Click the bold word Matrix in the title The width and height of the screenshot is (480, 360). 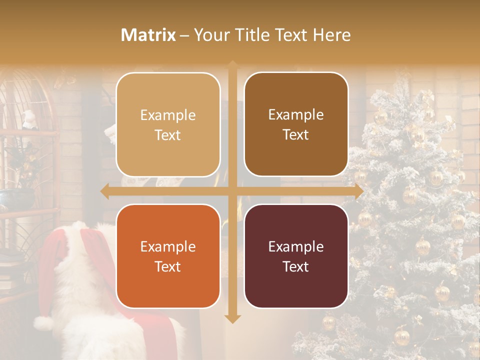coord(148,35)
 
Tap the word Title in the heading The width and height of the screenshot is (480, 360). coord(249,35)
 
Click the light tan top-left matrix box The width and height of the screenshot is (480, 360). coord(168,124)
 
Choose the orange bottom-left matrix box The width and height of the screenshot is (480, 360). coord(168,256)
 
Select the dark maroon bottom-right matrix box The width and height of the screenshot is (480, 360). coord(296,256)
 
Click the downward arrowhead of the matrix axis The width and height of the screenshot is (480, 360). coord(232,318)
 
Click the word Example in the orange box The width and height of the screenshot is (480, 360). coord(168,247)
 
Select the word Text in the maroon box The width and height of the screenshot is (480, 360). coord(296,266)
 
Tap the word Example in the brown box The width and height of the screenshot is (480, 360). coord(296,114)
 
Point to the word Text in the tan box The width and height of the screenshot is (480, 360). coord(168,135)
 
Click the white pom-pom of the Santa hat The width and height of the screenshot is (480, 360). coord(44,323)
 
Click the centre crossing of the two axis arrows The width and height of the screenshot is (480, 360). coord(232,191)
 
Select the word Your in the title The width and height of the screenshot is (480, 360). coord(210,35)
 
